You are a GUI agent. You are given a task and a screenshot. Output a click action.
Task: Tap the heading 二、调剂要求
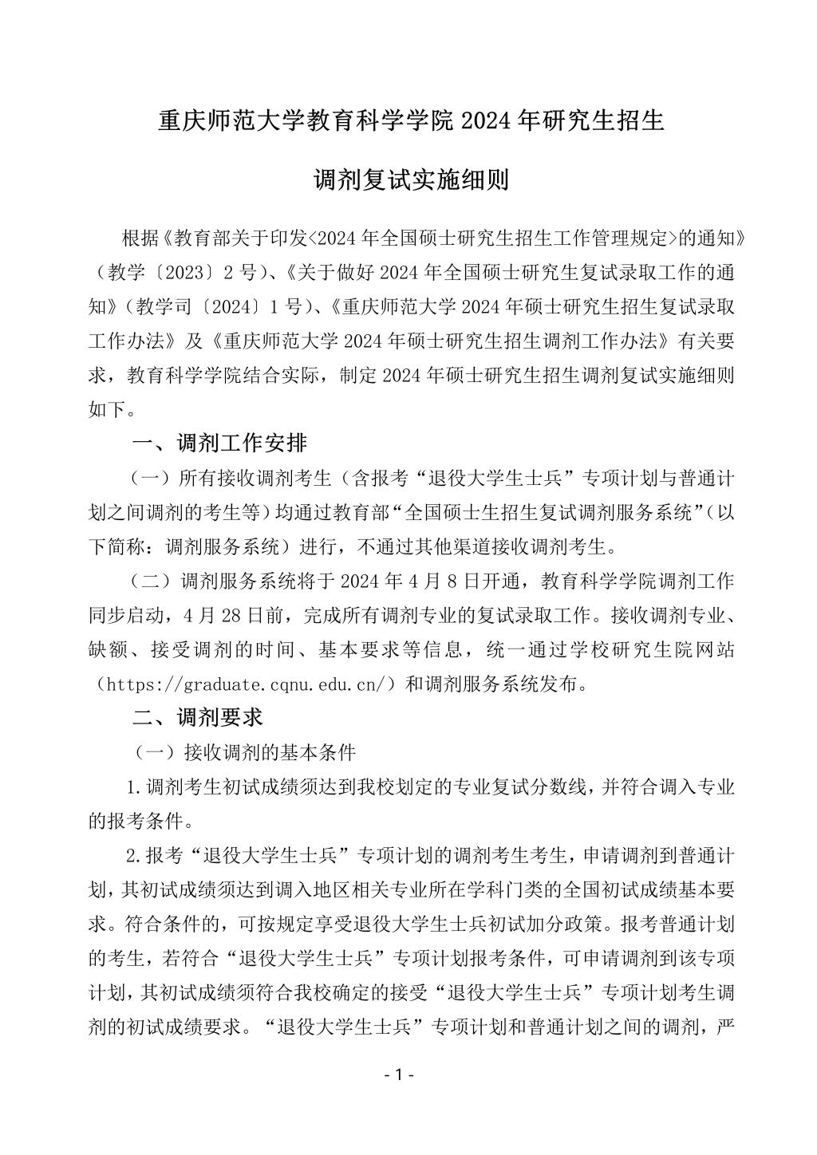coord(197,718)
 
